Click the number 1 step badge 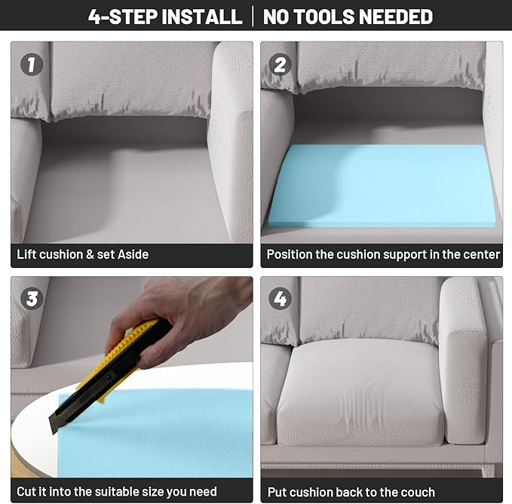[x=32, y=64]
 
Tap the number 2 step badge [x=280, y=64]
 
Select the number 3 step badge [x=32, y=299]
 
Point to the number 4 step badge [x=280, y=299]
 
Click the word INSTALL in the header [x=202, y=17]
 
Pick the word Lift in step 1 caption [x=27, y=254]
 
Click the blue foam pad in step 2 [x=382, y=186]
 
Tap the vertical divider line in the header [x=253, y=17]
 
